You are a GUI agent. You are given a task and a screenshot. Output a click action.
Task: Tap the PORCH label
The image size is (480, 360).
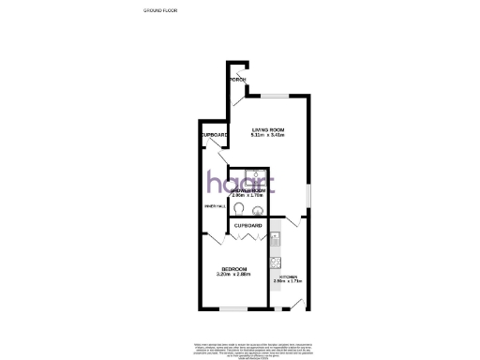click(x=240, y=79)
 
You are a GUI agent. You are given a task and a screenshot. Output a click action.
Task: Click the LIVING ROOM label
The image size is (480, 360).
click(x=267, y=128)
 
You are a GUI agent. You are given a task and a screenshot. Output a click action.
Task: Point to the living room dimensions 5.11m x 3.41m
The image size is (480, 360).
click(x=267, y=135)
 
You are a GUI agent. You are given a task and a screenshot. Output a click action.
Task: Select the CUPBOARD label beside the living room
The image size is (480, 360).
click(x=214, y=135)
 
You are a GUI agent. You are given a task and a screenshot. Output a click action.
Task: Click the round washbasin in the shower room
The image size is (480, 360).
click(x=256, y=210)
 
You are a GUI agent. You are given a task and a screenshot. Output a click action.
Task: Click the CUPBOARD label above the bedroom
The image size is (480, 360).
click(x=247, y=227)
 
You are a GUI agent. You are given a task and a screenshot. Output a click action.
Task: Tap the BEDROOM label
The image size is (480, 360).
click(x=232, y=268)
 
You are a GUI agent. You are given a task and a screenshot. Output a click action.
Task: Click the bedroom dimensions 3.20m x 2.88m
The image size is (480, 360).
click(x=232, y=275)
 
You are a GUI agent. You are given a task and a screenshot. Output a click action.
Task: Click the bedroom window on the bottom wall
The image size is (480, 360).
click(x=232, y=308)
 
